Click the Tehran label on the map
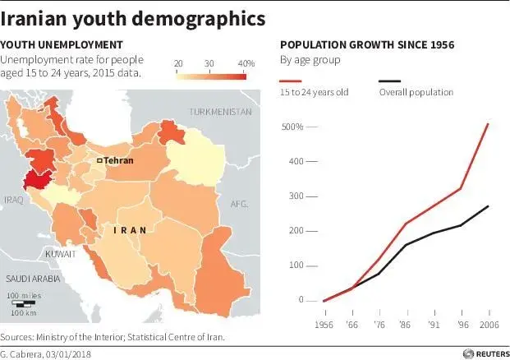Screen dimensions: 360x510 coord(118,161)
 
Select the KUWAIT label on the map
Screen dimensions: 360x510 coord(61,254)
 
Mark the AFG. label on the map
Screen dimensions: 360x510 coord(239,203)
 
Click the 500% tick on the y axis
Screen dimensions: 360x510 coord(293,127)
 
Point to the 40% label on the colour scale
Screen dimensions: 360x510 coord(246,63)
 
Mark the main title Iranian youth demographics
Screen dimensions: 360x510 coord(133,17)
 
